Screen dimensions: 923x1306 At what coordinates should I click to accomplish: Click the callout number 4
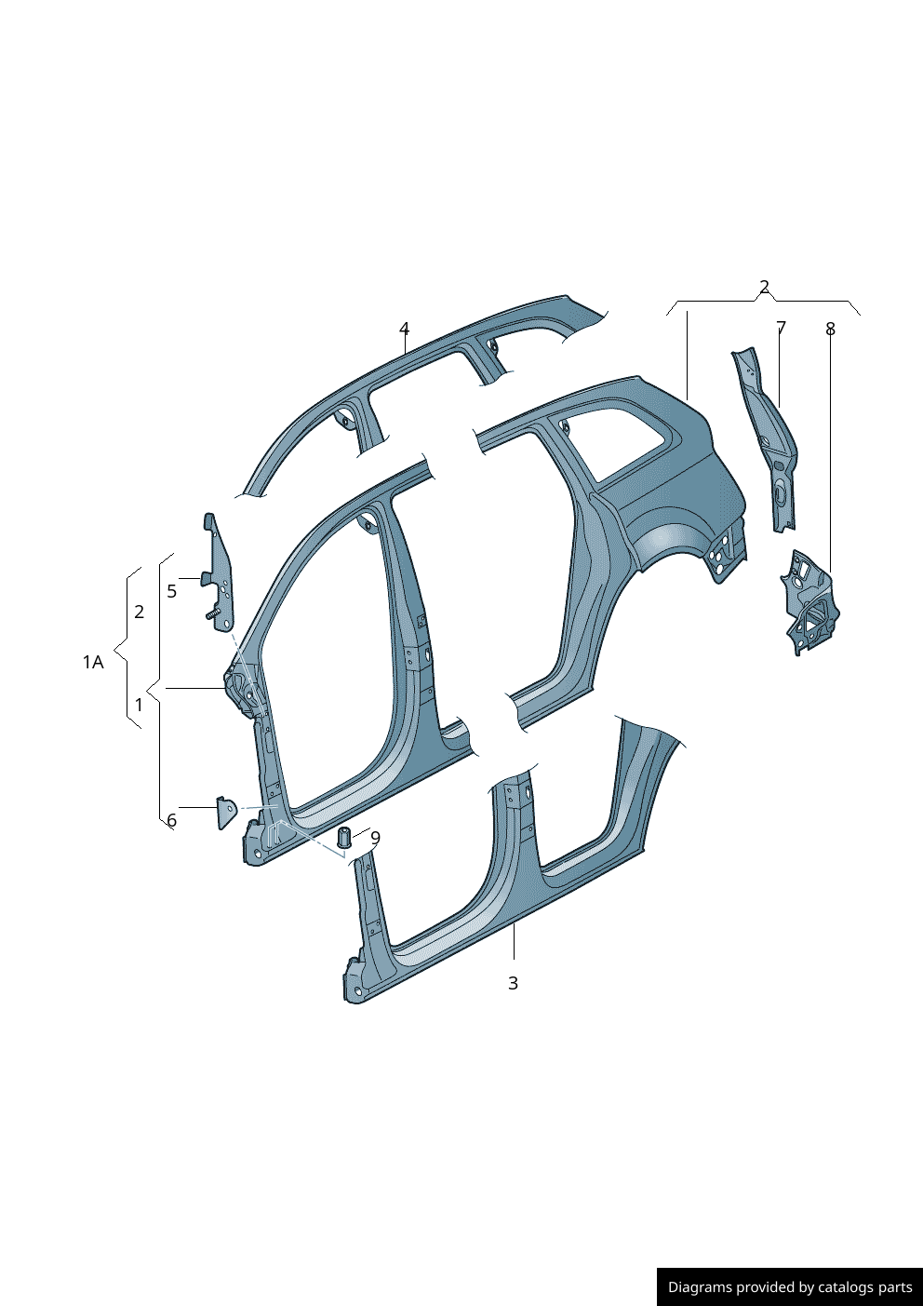point(404,329)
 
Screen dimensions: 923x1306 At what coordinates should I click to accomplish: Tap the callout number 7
point(781,328)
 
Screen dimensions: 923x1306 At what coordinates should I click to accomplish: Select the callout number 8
point(830,329)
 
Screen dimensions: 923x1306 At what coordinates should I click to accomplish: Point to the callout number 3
point(513,983)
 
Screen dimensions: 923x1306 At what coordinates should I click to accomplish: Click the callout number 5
point(171,591)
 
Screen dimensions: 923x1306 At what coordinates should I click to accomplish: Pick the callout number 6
point(171,820)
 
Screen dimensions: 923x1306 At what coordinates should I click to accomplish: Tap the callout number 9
point(375,837)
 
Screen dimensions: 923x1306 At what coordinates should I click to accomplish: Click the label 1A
point(93,662)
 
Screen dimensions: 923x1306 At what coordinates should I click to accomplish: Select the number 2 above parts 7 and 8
point(764,287)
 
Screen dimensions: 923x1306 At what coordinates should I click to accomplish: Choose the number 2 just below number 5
point(139,612)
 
